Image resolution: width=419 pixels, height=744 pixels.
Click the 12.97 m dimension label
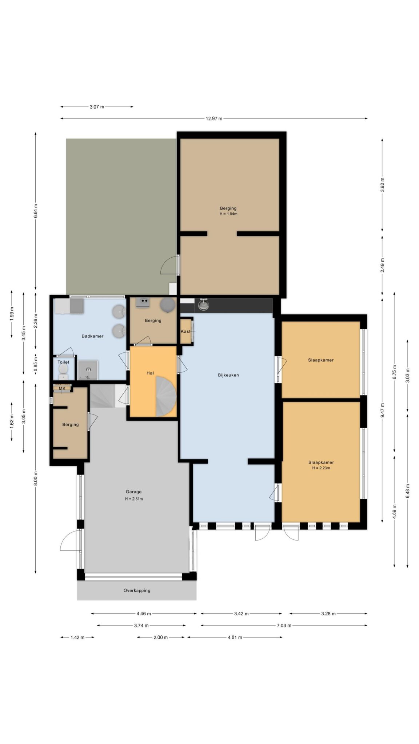click(x=214, y=118)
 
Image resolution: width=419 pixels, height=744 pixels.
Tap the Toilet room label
click(x=63, y=362)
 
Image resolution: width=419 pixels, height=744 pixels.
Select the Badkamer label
click(x=92, y=336)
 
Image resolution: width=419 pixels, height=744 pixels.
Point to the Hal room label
click(x=150, y=373)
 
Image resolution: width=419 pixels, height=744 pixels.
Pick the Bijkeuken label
click(x=228, y=375)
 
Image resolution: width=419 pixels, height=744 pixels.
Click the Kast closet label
click(x=185, y=332)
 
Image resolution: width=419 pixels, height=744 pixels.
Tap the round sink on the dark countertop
click(x=204, y=305)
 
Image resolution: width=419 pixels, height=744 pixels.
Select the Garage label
click(x=133, y=492)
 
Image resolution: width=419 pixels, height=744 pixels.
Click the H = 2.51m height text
click(x=134, y=499)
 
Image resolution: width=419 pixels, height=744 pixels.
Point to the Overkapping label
click(x=137, y=591)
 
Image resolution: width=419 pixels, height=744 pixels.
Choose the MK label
click(x=62, y=388)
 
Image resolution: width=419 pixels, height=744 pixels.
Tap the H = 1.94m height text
click(x=228, y=214)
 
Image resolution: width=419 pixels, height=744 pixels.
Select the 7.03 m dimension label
click(x=284, y=626)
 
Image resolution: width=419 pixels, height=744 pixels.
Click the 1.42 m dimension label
click(x=77, y=638)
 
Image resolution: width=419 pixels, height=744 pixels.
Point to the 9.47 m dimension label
click(x=382, y=411)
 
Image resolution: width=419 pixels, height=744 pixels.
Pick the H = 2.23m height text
click(x=321, y=468)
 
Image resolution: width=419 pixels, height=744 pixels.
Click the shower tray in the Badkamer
click(x=88, y=370)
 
